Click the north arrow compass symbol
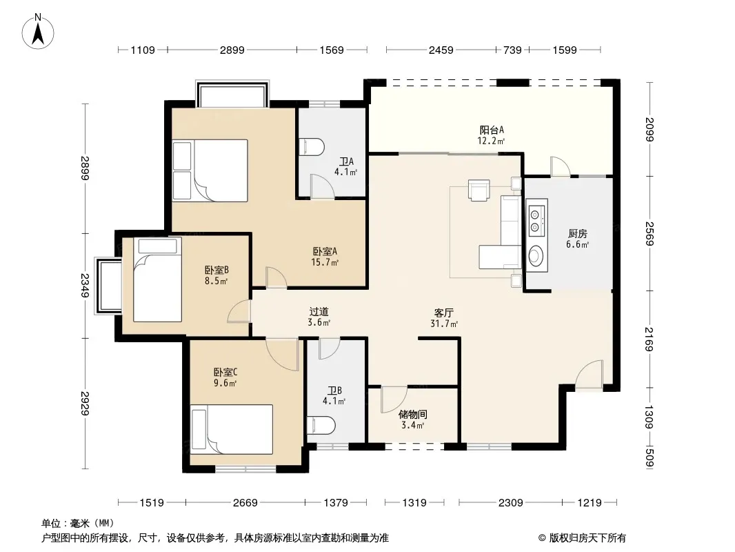pyautogui.click(x=38, y=31)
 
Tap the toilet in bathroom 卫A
pyautogui.click(x=312, y=146)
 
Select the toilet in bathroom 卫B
pyautogui.click(x=321, y=426)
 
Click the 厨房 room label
pyautogui.click(x=578, y=233)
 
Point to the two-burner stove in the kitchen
pyautogui.click(x=535, y=221)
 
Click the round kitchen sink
pyautogui.click(x=535, y=255)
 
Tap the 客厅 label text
pyautogui.click(x=443, y=313)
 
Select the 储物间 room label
pyautogui.click(x=412, y=414)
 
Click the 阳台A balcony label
pyautogui.click(x=491, y=130)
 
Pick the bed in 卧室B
pyautogui.click(x=157, y=279)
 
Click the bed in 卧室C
pyautogui.click(x=232, y=429)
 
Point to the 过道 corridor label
pyautogui.click(x=319, y=311)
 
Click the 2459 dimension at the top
pyautogui.click(x=441, y=50)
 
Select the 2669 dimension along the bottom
pyautogui.click(x=245, y=503)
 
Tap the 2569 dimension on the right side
pyautogui.click(x=650, y=233)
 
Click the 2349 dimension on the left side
pyautogui.click(x=84, y=285)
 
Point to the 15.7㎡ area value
pyautogui.click(x=325, y=263)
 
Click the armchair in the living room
pyautogui.click(x=479, y=190)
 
